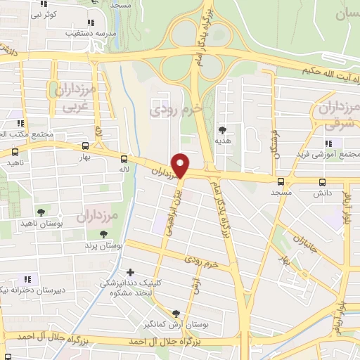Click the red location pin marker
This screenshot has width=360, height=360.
click(181, 165)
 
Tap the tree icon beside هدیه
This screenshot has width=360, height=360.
click(223, 130)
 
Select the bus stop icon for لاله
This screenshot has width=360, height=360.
click(124, 159)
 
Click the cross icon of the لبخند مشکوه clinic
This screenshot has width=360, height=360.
click(130, 272)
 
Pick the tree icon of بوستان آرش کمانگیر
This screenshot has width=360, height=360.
click(176, 314)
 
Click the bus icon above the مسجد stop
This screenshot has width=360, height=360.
click(281, 181)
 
